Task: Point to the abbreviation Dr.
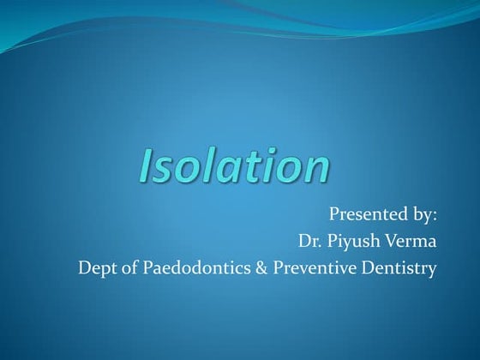coord(310,242)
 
